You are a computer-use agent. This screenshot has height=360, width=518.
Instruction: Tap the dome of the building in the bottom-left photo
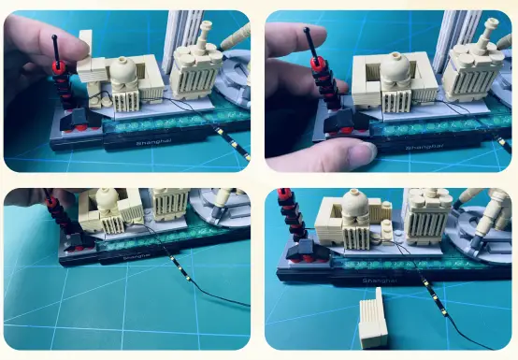[x=107, y=197]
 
